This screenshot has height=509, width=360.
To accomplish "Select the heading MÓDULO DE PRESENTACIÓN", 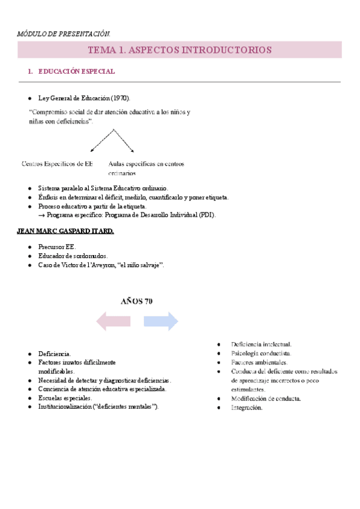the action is [64, 33].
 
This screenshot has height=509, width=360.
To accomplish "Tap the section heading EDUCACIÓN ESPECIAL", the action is [76, 72].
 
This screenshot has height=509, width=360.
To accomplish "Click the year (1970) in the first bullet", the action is [119, 98].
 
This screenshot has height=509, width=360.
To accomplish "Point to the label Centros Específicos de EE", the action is [57, 163].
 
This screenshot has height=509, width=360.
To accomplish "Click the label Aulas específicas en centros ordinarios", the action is [146, 168].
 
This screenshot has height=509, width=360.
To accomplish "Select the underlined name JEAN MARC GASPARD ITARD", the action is [74, 231].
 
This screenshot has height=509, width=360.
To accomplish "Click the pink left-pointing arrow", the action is [113, 321].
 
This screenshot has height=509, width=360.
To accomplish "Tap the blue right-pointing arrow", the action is [160, 321].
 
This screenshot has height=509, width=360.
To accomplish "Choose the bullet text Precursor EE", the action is [57, 247].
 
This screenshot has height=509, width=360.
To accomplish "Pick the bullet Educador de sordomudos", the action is [73, 256].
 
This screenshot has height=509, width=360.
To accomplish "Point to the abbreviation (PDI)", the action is [205, 215].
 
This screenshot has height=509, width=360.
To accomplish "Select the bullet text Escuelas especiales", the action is [65, 398].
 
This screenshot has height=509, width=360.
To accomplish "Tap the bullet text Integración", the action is [247, 408].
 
